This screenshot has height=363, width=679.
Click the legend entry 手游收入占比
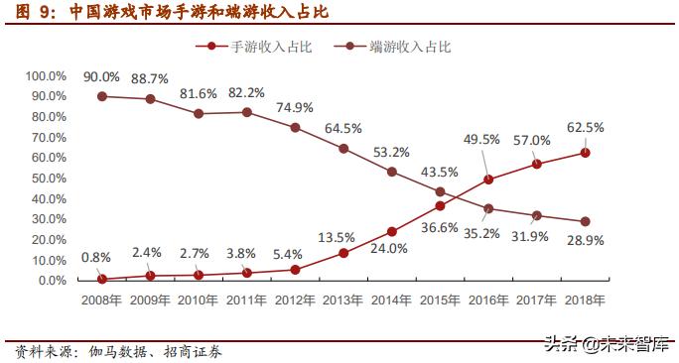click(x=256, y=47)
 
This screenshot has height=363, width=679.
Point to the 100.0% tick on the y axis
click(x=45, y=75)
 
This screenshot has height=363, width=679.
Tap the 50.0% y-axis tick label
click(x=48, y=179)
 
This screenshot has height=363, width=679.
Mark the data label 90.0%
click(x=102, y=77)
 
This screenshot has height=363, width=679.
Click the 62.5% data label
click(x=586, y=128)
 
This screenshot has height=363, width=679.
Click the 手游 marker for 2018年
click(x=586, y=152)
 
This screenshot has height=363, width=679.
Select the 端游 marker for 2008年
click(x=102, y=96)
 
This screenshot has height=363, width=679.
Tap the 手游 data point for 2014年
click(x=391, y=231)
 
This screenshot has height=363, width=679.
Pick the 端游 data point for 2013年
click(x=343, y=149)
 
